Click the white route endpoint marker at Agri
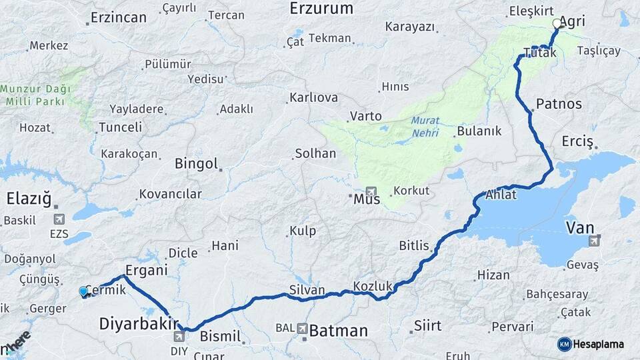[557, 23]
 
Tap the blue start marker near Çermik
[83, 291]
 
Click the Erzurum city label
[321, 9]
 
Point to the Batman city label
[339, 331]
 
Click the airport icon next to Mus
[371, 191]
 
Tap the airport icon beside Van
[595, 239]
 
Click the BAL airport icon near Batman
[303, 328]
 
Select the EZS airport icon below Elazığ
[59, 219]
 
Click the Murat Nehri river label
[425, 125]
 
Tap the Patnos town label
[559, 104]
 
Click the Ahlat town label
[501, 195]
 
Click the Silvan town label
[307, 290]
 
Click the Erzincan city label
[118, 17]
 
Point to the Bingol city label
[196, 163]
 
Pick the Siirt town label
[427, 325]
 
